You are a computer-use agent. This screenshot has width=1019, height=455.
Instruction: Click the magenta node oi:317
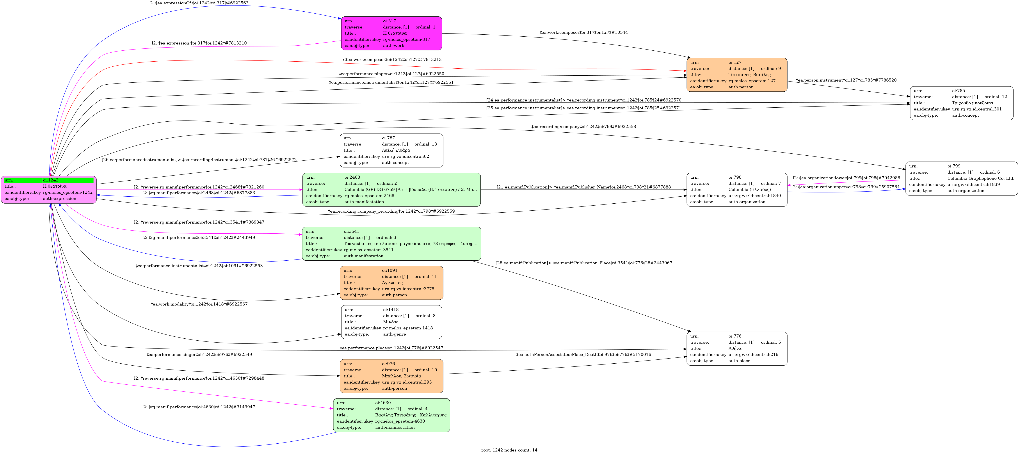391,33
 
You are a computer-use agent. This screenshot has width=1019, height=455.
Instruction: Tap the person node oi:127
736,75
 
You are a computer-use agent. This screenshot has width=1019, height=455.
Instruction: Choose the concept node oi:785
961,103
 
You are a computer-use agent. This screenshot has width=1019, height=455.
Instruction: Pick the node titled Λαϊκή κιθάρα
391,150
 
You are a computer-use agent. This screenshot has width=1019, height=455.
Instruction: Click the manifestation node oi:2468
391,190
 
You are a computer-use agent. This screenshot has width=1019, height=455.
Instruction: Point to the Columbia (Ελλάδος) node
736,190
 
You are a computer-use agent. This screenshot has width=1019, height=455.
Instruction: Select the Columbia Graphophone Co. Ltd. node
961,178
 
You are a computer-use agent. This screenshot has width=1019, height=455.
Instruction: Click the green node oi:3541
391,244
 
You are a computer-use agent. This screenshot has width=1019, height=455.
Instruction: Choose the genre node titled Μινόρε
391,322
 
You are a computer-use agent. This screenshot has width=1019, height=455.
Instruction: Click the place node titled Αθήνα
736,348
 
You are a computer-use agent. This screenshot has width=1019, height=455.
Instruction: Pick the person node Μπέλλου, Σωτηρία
391,376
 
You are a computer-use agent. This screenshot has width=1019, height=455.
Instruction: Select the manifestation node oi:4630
391,415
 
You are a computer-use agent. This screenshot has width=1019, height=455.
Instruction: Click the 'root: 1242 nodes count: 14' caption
509,450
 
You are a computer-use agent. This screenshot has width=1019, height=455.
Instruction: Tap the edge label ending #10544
583,32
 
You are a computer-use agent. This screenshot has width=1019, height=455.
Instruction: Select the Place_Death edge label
583,354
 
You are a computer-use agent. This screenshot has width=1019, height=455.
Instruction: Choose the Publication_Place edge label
583,263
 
